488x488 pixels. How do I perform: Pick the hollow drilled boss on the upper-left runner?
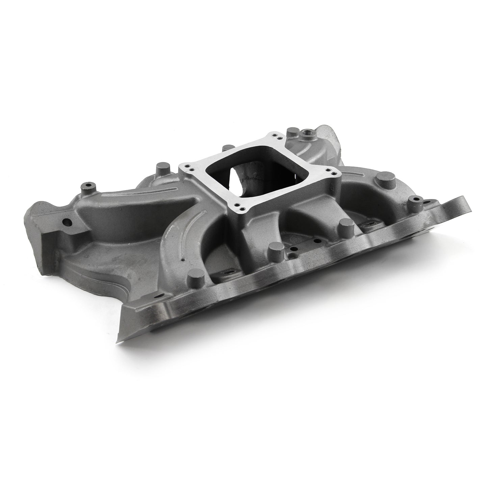click(88, 186)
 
